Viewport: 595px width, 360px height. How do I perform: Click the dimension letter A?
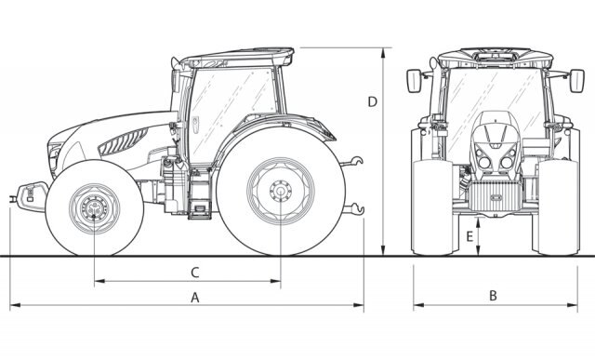[194, 298]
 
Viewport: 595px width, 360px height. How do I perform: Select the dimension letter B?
[493, 296]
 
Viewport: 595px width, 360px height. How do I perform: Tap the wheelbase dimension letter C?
[194, 273]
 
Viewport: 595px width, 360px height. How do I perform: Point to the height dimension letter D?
[373, 101]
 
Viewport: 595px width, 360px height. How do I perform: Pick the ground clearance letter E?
[469, 236]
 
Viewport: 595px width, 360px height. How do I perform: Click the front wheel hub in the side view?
[94, 208]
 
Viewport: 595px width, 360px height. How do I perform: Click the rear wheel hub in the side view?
[281, 191]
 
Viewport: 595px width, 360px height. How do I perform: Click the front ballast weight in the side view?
[31, 196]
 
